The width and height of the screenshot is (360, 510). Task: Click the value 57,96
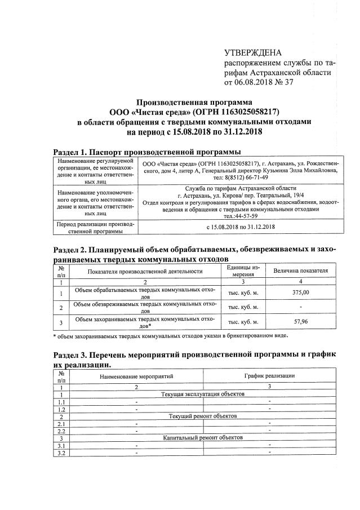point(301,322)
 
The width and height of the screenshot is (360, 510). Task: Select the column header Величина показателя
point(301,270)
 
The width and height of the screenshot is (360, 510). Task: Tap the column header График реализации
point(269,375)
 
